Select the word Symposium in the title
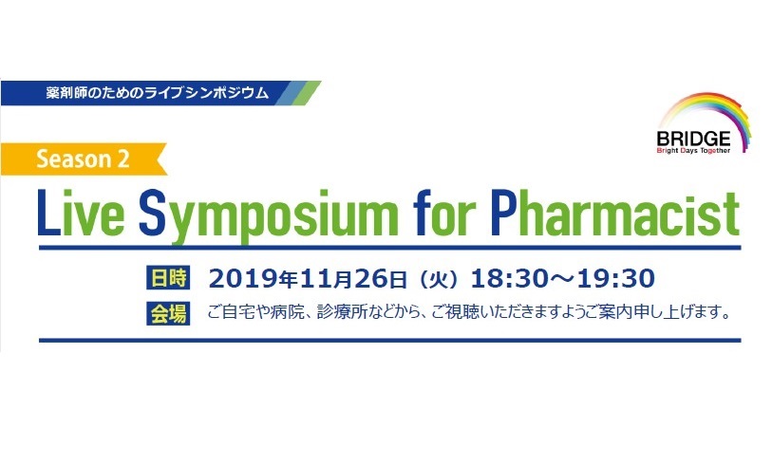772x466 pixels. [x=268, y=216]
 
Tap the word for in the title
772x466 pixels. [x=444, y=213]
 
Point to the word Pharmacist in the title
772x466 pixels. [x=615, y=214]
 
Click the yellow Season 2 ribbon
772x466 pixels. [x=83, y=158]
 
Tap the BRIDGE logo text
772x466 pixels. [x=693, y=139]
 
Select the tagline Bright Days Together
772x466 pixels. [x=693, y=151]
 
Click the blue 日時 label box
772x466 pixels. [x=168, y=278]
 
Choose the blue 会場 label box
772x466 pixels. [x=168, y=313]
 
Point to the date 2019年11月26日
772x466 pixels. [x=309, y=279]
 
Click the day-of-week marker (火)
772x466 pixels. [x=438, y=280]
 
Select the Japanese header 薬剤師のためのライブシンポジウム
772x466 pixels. [x=158, y=93]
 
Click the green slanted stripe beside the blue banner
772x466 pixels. [x=307, y=92]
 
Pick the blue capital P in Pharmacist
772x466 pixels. [x=503, y=213]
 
